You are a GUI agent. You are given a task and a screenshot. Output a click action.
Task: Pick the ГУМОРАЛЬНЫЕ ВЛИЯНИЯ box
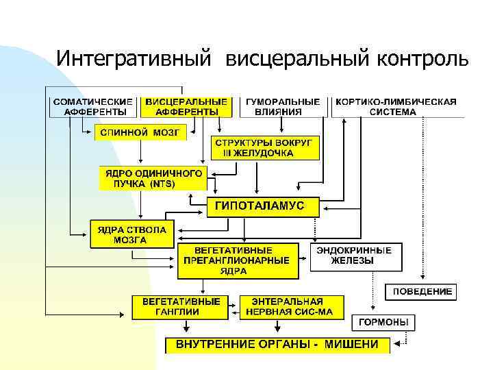pos(283,107)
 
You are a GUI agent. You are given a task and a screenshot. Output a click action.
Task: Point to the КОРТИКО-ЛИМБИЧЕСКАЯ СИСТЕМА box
pos(396,107)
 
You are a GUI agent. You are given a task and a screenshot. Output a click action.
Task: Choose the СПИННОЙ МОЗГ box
pos(140,132)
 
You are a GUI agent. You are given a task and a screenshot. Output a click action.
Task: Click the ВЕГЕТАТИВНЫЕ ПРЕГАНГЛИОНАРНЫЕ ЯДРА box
pos(238,260)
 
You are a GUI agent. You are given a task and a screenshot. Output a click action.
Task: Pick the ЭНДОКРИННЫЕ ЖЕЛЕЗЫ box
pos(355,256)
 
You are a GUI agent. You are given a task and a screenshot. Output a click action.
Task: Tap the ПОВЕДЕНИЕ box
pos(422,292)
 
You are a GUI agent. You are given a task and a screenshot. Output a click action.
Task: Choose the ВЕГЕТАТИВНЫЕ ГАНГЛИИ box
pos(181,306)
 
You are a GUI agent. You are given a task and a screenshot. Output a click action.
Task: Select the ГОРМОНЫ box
pos(383,322)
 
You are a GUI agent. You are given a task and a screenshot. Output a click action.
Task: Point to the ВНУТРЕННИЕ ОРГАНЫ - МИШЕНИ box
pos(277,344)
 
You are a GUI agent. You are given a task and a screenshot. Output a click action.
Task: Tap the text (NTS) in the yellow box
pos(162,184)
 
